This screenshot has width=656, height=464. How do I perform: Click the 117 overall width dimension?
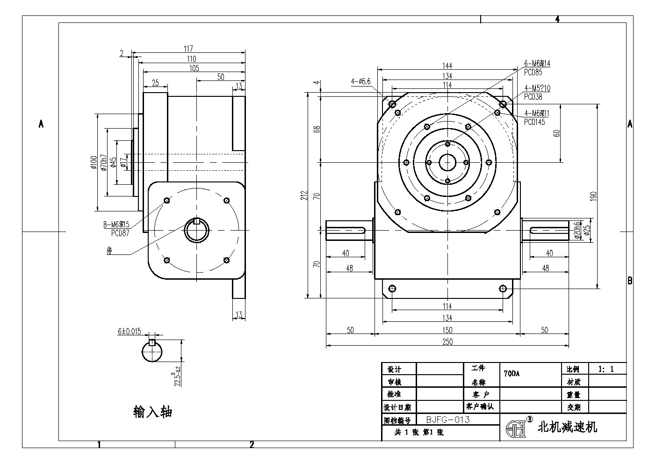click(188, 48)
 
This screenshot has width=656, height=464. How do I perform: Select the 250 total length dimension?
click(447, 342)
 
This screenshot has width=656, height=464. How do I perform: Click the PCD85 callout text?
click(533, 72)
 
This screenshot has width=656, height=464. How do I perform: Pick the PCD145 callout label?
click(534, 122)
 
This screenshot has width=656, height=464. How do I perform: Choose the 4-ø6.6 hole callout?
click(360, 81)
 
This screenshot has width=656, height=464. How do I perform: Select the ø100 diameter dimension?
click(94, 162)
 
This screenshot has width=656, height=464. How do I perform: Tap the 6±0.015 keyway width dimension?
click(129, 331)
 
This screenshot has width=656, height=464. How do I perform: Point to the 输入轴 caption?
click(153, 412)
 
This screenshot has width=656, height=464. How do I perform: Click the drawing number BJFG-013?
click(448, 420)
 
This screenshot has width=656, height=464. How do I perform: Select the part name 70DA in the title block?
click(512, 374)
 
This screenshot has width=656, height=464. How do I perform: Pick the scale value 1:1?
click(606, 369)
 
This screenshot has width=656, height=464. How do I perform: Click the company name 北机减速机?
click(568, 427)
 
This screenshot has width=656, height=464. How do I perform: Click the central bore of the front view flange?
click(447, 162)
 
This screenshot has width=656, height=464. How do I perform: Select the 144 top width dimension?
click(447, 65)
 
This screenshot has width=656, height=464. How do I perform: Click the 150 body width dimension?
click(447, 330)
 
